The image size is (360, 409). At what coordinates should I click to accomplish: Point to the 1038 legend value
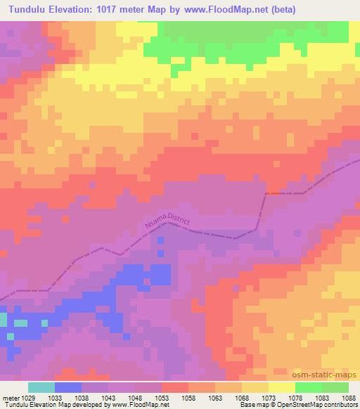tap(82, 396)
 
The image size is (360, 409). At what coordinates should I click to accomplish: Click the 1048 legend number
tap(135, 396)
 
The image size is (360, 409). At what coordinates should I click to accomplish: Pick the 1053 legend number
tap(162, 396)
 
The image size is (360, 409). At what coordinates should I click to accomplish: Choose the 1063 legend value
tap(215, 396)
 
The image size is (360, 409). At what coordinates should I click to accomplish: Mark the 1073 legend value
tap(269, 396)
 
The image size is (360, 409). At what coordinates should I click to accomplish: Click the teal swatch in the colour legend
tap(41, 387)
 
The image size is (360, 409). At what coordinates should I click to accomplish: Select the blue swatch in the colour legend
tap(68, 387)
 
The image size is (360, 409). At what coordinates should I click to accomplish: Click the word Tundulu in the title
tap(25, 10)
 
